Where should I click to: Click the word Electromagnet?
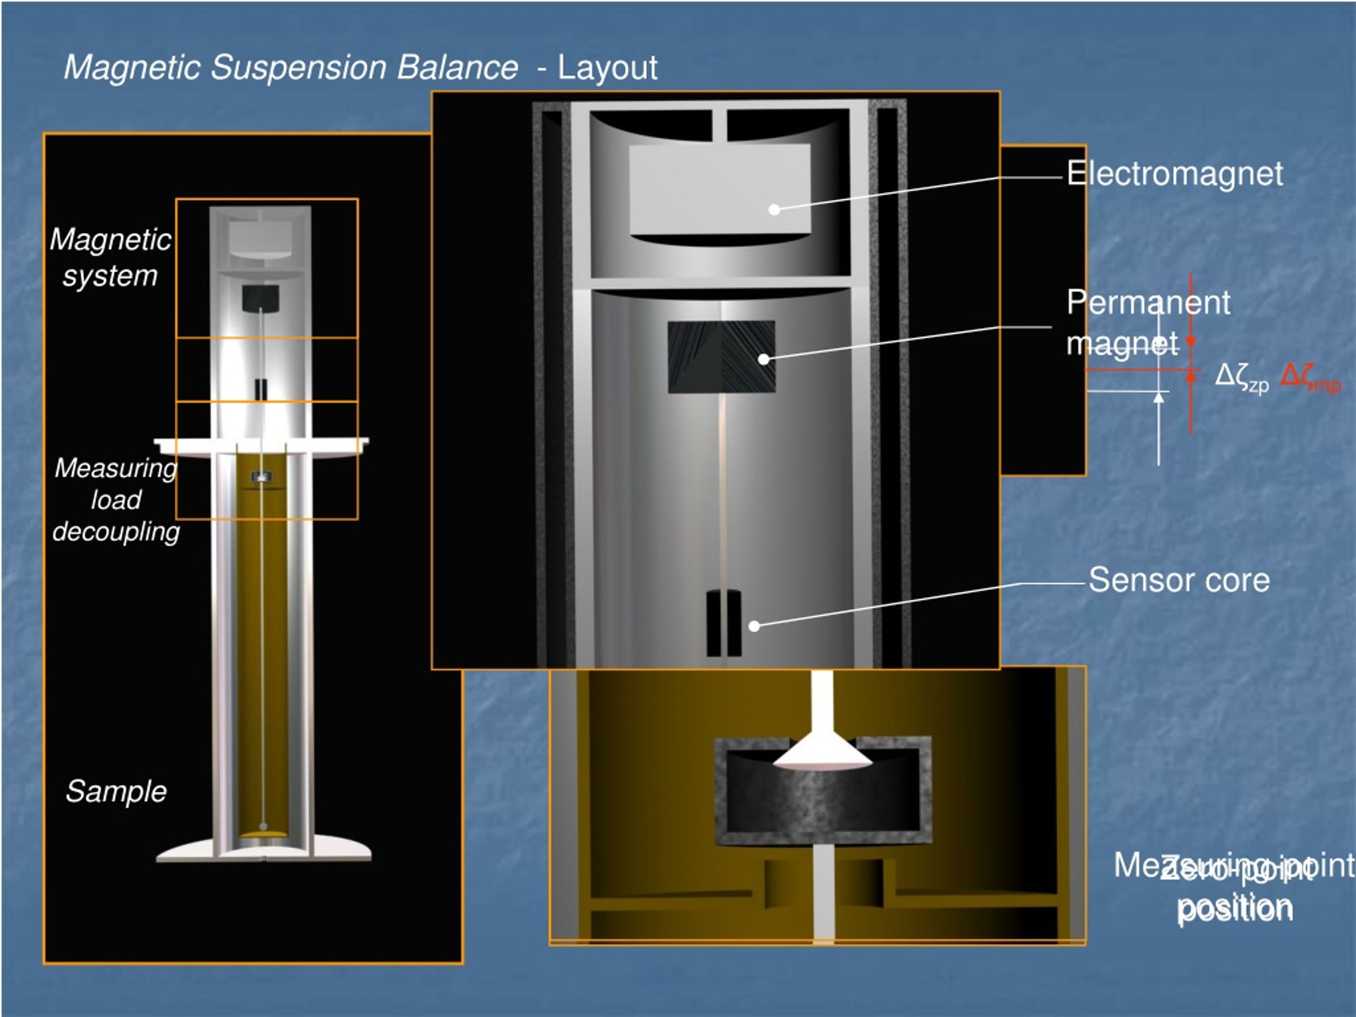(1174, 174)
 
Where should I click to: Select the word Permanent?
(1148, 302)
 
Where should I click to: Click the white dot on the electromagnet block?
(774, 210)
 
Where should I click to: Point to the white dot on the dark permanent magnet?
(764, 359)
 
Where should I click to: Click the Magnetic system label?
(110, 257)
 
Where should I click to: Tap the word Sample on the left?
(116, 791)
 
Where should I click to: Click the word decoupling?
(116, 531)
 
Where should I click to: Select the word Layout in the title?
(607, 67)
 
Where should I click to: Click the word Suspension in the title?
(298, 67)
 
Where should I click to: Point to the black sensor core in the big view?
(724, 623)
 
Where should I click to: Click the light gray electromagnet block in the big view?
(720, 190)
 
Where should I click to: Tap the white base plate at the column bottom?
(264, 849)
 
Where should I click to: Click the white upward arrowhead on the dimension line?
(1158, 398)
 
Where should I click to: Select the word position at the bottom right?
(1235, 908)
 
